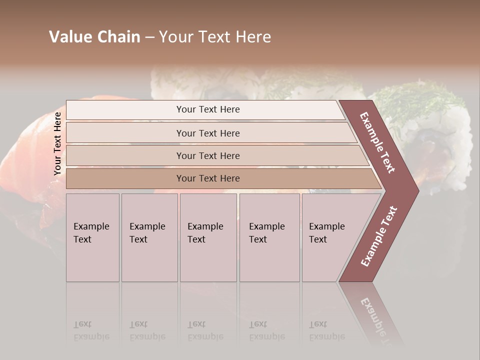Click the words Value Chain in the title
click(x=94, y=37)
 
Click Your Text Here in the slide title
click(x=215, y=37)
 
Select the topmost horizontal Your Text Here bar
click(x=208, y=109)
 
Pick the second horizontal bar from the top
click(x=208, y=133)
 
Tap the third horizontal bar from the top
click(x=208, y=155)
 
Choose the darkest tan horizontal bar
click(x=208, y=178)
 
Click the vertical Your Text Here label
click(x=57, y=143)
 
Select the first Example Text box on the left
click(x=92, y=233)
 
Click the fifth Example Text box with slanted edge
click(x=327, y=233)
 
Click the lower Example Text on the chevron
click(x=379, y=236)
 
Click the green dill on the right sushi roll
click(x=420, y=100)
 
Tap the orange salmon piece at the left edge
click(x=20, y=165)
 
